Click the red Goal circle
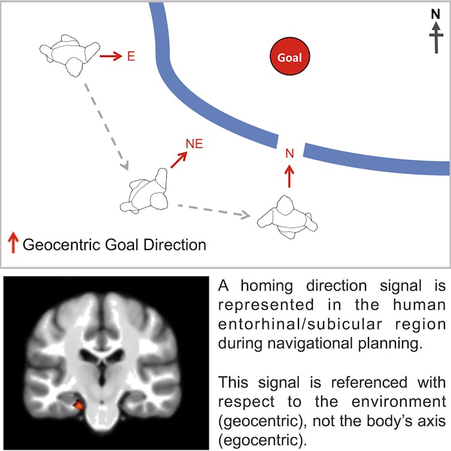(290, 58)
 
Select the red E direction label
(131, 57)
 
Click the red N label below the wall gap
(290, 154)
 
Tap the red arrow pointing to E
(110, 57)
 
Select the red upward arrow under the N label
(290, 176)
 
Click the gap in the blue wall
(291, 144)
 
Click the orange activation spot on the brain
(77, 406)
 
